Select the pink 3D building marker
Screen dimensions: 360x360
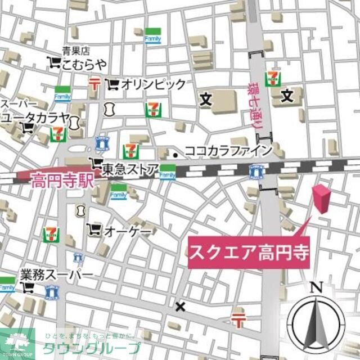click(322, 198)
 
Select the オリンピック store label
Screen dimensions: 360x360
click(153, 84)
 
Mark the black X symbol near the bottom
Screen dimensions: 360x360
click(180, 307)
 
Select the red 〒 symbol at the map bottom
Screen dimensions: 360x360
click(238, 321)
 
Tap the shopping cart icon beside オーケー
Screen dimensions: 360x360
click(94, 229)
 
